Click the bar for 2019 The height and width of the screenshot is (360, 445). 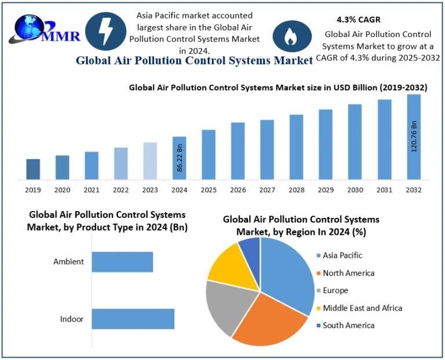pyautogui.click(x=33, y=169)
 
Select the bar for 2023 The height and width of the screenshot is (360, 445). pyautogui.click(x=150, y=161)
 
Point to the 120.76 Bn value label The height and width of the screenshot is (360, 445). pyautogui.click(x=414, y=137)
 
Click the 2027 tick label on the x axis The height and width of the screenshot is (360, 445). pyautogui.click(x=267, y=190)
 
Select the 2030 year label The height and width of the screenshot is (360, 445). pyautogui.click(x=355, y=190)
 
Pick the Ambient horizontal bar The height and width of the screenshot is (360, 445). pyautogui.click(x=122, y=261)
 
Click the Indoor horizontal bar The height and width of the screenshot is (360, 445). pyautogui.click(x=133, y=319)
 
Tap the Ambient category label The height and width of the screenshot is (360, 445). pyautogui.click(x=69, y=261)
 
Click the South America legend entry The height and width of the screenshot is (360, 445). pyautogui.click(x=348, y=325)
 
